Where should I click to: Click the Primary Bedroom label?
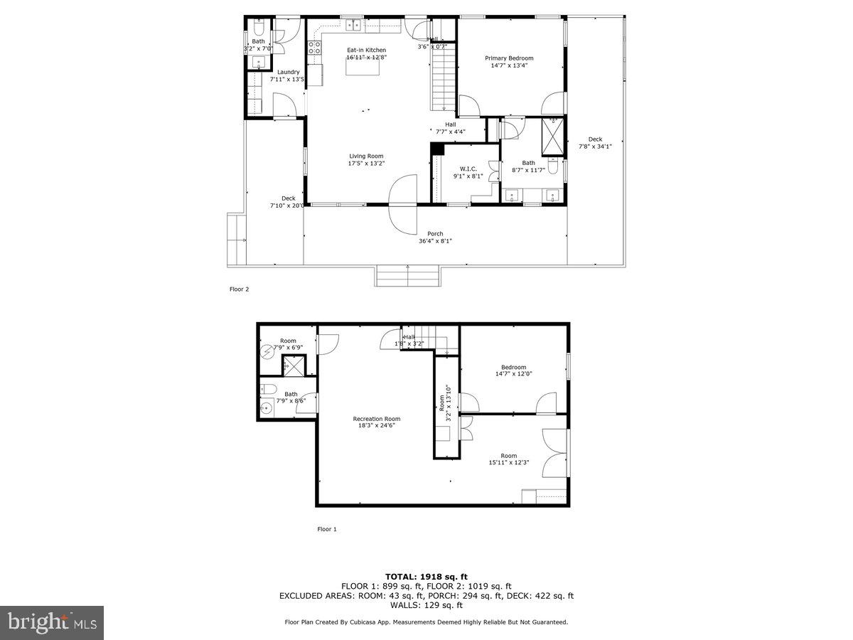coord(509,58)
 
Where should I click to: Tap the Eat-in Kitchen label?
coord(366,50)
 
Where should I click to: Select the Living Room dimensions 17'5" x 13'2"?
coord(366,164)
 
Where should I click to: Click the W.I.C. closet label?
coord(468,169)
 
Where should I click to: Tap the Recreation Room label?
coord(376,419)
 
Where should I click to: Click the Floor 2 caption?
coord(239,289)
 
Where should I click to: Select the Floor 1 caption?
coord(326,529)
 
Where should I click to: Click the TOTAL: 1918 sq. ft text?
coord(426,576)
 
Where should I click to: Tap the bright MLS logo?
coord(52,623)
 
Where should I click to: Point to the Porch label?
coord(435,234)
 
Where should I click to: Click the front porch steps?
coord(408,277)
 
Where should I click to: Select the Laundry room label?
coord(288,72)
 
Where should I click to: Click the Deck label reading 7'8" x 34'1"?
coord(595,139)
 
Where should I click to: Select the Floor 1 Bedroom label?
coord(513,368)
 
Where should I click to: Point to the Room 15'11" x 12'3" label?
coord(508,456)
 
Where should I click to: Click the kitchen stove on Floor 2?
coord(313,49)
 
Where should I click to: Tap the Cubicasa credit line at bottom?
coord(426,622)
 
